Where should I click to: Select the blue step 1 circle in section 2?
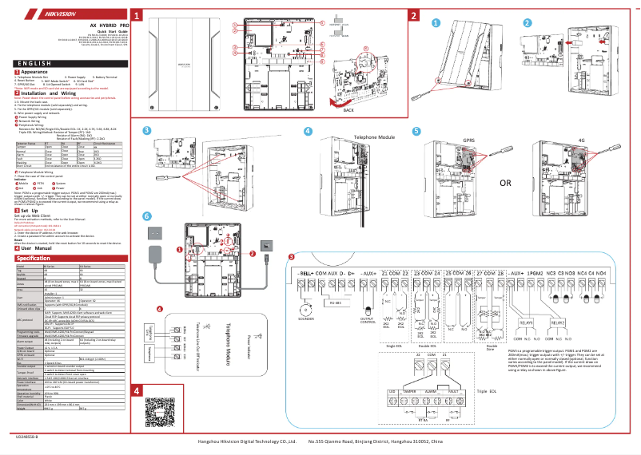(436, 22)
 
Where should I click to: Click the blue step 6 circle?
(146, 216)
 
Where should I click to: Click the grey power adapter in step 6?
(154, 255)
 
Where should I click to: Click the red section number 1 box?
(138, 16)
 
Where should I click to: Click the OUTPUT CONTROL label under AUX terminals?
(368, 320)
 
